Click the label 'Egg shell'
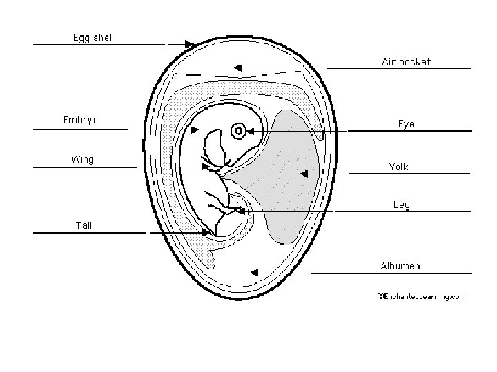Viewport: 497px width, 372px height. [94, 37]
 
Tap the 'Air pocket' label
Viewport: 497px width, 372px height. [406, 61]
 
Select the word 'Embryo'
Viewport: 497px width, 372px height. [81, 120]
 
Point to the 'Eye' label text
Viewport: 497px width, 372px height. [407, 123]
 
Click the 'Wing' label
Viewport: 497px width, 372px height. [82, 159]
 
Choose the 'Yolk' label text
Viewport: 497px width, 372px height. [399, 167]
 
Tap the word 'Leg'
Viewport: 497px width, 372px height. [401, 205]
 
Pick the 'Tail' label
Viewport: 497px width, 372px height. [84, 225]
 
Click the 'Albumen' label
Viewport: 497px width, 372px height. [400, 266]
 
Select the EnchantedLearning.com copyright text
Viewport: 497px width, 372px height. [421, 296]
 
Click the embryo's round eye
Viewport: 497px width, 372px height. [238, 130]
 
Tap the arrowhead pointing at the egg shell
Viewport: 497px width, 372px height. [190, 45]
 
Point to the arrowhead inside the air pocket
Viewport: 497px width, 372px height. [237, 68]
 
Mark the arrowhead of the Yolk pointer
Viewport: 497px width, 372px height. [302, 174]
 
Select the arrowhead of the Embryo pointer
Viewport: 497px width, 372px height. [196, 130]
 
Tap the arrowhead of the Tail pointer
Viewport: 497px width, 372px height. [212, 234]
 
